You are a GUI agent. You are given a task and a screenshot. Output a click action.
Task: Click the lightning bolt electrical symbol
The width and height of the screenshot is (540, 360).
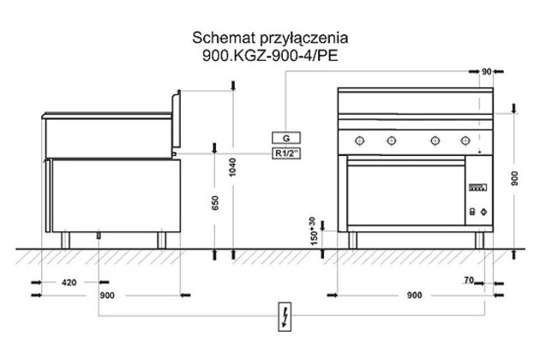tap(284, 316)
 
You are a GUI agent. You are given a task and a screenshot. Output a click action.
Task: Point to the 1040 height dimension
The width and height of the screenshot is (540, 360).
tap(232, 168)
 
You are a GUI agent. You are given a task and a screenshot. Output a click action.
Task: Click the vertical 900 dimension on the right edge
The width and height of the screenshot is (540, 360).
tap(513, 178)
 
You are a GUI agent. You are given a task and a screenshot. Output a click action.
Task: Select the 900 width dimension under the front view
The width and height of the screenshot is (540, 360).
tap(414, 296)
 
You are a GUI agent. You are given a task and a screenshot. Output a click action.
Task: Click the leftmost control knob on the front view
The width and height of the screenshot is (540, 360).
tap(357, 141)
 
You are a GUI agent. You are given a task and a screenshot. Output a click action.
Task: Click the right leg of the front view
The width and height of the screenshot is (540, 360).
tap(481, 240)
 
